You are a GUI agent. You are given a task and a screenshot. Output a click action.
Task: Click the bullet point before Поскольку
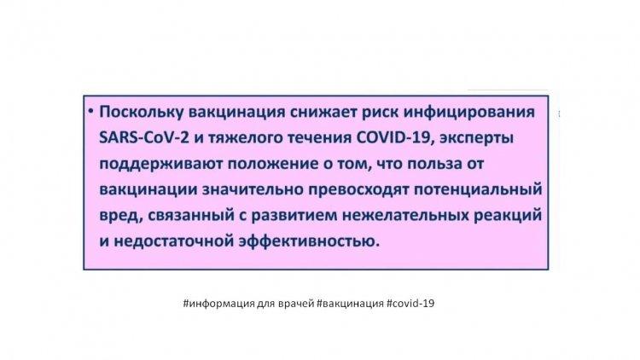click(x=90, y=111)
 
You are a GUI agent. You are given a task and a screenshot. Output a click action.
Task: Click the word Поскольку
click(x=141, y=113)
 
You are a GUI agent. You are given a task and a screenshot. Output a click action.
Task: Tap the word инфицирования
click(x=469, y=113)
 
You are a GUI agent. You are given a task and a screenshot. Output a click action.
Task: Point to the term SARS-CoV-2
click(x=144, y=138)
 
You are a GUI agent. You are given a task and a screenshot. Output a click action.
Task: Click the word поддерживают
click(x=160, y=164)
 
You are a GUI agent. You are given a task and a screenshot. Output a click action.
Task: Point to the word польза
click(x=434, y=164)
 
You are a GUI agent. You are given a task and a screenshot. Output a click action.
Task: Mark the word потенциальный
click(x=478, y=189)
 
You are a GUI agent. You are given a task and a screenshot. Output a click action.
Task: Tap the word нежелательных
click(x=405, y=216)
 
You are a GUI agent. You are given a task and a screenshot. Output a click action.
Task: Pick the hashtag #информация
click(x=218, y=304)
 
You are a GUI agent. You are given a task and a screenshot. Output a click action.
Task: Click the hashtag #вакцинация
click(x=350, y=304)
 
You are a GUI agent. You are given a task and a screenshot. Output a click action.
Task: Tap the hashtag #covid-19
click(x=410, y=303)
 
